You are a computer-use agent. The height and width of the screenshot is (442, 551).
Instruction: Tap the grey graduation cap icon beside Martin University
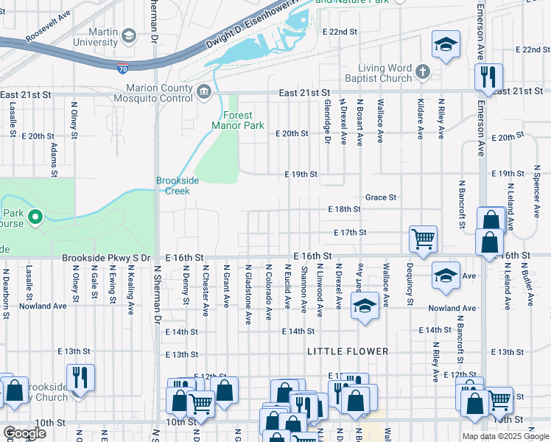[x=129, y=35]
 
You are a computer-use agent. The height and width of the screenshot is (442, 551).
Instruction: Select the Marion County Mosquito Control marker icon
[x=204, y=91]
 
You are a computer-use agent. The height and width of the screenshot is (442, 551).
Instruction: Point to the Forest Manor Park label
[x=232, y=120]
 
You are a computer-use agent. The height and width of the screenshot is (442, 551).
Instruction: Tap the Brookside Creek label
[x=172, y=186]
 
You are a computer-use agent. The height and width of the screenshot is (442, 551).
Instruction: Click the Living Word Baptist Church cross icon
[x=422, y=71]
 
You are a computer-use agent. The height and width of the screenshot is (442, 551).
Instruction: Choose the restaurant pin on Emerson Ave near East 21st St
[x=488, y=75]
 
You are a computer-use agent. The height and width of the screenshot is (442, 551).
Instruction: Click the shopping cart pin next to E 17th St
[x=423, y=239]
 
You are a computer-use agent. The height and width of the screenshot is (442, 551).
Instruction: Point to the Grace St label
[x=381, y=197]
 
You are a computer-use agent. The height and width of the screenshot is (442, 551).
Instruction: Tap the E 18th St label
[x=344, y=209]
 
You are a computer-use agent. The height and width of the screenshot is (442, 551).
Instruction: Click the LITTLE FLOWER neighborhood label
[x=348, y=351]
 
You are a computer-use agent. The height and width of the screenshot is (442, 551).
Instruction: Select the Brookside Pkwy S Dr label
[x=106, y=258]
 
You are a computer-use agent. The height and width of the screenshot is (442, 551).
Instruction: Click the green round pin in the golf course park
[x=34, y=217]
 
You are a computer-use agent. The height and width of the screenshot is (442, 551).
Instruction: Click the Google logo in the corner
[x=25, y=432]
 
